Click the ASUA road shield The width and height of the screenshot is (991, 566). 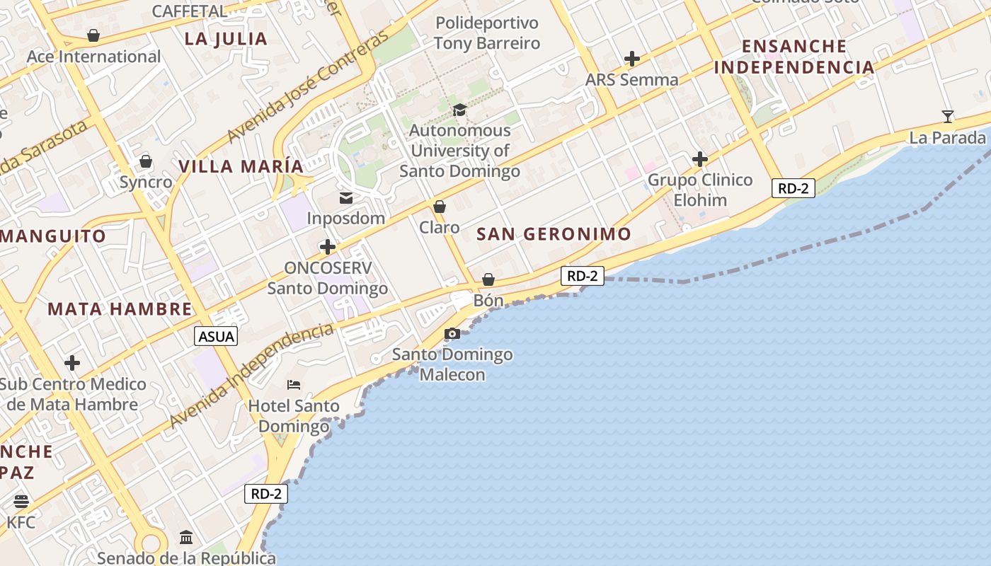[x=216, y=336]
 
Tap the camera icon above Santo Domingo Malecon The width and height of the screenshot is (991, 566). [x=452, y=333]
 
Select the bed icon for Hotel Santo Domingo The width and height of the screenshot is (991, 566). [x=294, y=385]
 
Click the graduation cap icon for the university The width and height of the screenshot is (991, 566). [x=459, y=110]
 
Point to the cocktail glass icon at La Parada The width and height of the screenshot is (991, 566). [x=948, y=116]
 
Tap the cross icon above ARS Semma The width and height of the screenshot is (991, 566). [x=632, y=59]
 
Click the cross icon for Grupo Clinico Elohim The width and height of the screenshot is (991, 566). [x=700, y=159]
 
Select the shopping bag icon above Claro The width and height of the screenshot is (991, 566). [x=440, y=207]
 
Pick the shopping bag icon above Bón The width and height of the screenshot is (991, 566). [x=488, y=279]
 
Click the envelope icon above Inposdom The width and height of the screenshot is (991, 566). [x=346, y=198]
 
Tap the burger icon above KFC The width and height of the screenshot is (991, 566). [x=21, y=502]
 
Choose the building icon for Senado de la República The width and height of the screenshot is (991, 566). [x=186, y=537]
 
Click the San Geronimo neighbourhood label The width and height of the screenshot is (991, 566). [x=554, y=234]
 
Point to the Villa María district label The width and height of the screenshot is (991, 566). [x=241, y=166]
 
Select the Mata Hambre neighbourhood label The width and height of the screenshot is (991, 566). [x=120, y=309]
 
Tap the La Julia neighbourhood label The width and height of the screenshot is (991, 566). [x=226, y=39]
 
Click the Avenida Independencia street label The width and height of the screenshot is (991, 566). [x=251, y=377]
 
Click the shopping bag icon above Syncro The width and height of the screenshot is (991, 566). [x=146, y=161]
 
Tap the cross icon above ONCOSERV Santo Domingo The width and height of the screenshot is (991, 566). [x=327, y=247]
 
